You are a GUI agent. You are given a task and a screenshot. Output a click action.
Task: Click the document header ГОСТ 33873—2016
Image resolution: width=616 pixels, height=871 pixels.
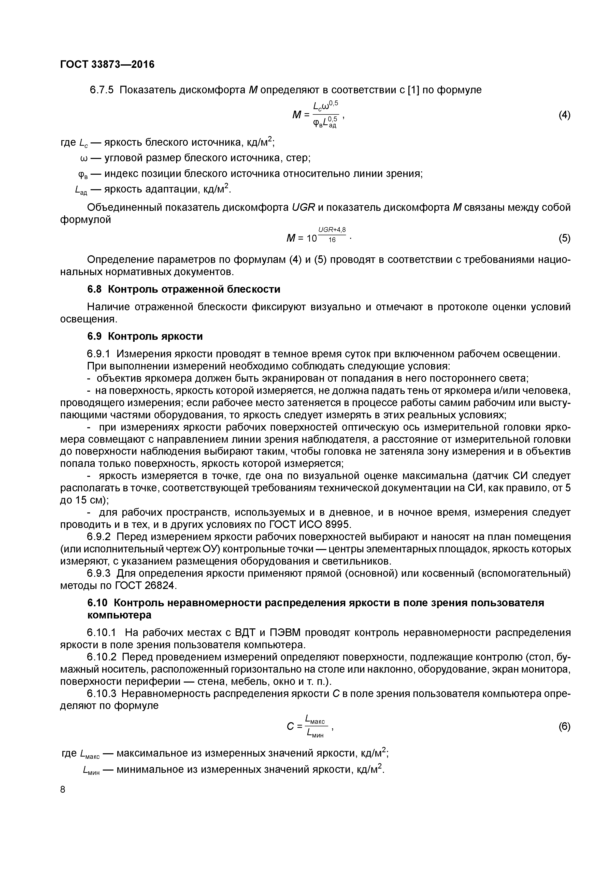107,65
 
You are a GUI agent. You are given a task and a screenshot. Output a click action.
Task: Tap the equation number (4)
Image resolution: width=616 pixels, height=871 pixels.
564,115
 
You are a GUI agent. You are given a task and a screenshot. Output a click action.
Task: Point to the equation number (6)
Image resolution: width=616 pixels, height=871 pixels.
564,727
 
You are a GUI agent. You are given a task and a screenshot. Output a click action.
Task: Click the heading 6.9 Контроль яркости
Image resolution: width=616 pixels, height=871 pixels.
145,336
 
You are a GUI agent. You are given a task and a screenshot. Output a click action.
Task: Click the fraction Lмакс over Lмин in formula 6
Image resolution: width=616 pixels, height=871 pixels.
317,727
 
